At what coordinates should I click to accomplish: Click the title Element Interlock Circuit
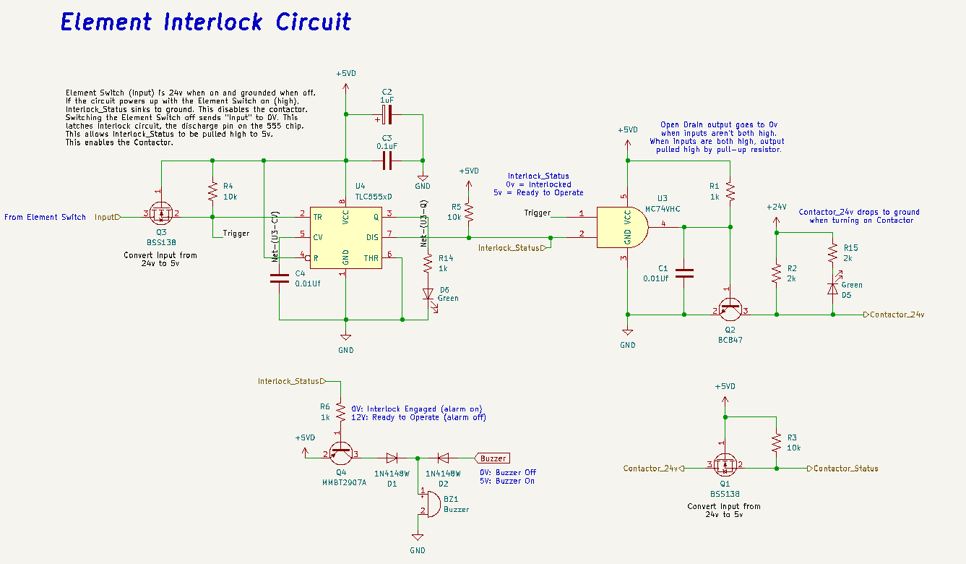(206, 22)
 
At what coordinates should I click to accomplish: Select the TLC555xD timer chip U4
(345, 237)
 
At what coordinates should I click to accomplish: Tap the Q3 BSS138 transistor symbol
(161, 215)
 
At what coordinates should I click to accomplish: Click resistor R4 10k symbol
(212, 192)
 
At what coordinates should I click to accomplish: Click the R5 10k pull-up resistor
(468, 212)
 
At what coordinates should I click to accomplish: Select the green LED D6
(428, 295)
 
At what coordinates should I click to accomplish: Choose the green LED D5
(832, 287)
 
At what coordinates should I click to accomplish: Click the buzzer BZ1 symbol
(431, 503)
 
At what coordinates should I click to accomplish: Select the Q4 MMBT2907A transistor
(341, 453)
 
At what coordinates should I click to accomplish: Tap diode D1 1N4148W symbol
(392, 458)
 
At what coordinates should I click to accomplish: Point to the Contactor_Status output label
(845, 469)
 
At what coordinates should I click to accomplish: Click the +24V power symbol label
(776, 207)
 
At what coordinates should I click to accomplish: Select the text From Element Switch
(45, 217)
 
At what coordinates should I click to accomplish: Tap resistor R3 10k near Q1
(776, 442)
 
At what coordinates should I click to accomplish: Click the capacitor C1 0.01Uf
(683, 273)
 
